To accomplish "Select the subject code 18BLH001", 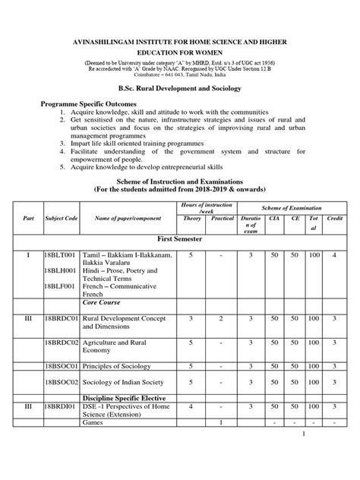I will coord(60,270).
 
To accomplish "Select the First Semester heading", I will coord(180,238).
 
